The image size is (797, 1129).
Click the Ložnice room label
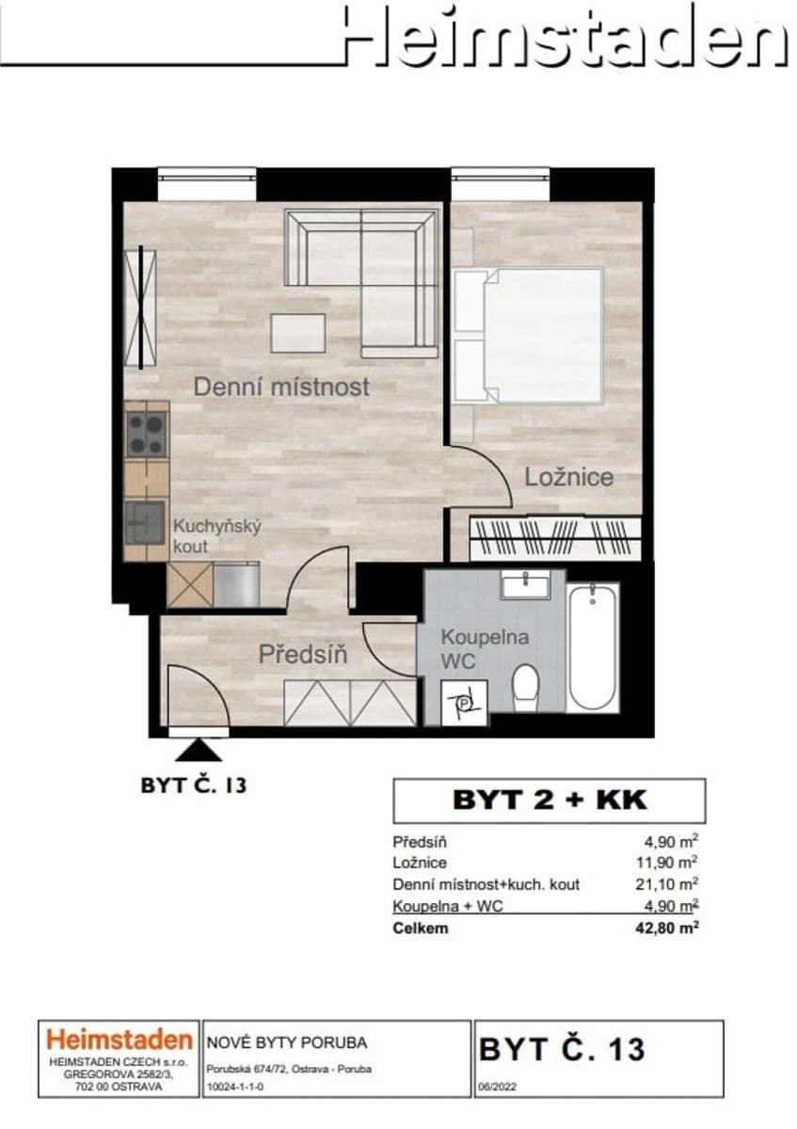click(568, 476)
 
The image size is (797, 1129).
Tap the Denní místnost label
click(281, 386)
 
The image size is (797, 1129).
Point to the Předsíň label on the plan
click(302, 653)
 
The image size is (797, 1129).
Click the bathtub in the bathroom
click(594, 647)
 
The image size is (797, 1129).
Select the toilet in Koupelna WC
click(525, 687)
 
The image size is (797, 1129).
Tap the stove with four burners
click(146, 434)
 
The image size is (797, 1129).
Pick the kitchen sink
click(144, 521)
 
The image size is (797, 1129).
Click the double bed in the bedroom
click(529, 336)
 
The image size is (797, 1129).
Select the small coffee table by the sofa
click(297, 332)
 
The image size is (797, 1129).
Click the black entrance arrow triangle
click(199, 749)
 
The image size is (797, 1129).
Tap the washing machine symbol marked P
click(465, 701)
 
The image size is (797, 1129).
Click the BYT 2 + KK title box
click(549, 800)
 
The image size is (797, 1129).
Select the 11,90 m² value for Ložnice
click(669, 862)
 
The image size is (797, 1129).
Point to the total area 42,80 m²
click(666, 929)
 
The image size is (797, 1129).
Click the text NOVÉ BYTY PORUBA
click(286, 1042)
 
